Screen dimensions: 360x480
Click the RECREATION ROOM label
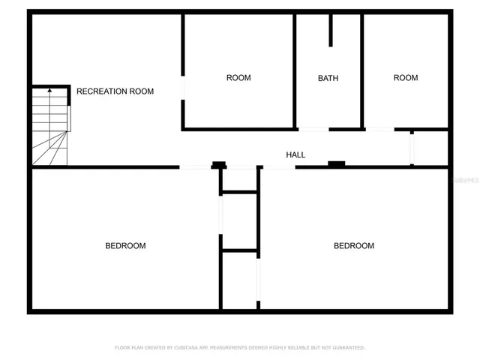(115, 91)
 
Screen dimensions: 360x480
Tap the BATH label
(328, 78)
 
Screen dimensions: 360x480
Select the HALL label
(295, 154)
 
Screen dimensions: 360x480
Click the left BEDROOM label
(125, 246)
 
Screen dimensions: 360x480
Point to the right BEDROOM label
(353, 246)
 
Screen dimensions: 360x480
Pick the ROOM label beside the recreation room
(238, 78)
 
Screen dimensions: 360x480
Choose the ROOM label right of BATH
(406, 78)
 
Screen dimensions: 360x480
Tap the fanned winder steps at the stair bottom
(49, 150)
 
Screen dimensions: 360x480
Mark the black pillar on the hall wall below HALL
(336, 163)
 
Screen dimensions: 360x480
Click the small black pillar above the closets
(218, 164)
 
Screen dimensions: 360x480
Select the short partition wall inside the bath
(330, 30)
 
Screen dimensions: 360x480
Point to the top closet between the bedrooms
(240, 179)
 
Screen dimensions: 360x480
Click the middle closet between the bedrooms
(240, 221)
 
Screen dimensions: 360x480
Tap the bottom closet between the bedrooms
(240, 279)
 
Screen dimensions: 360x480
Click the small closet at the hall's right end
(430, 148)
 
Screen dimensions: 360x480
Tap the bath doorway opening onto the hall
(313, 129)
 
